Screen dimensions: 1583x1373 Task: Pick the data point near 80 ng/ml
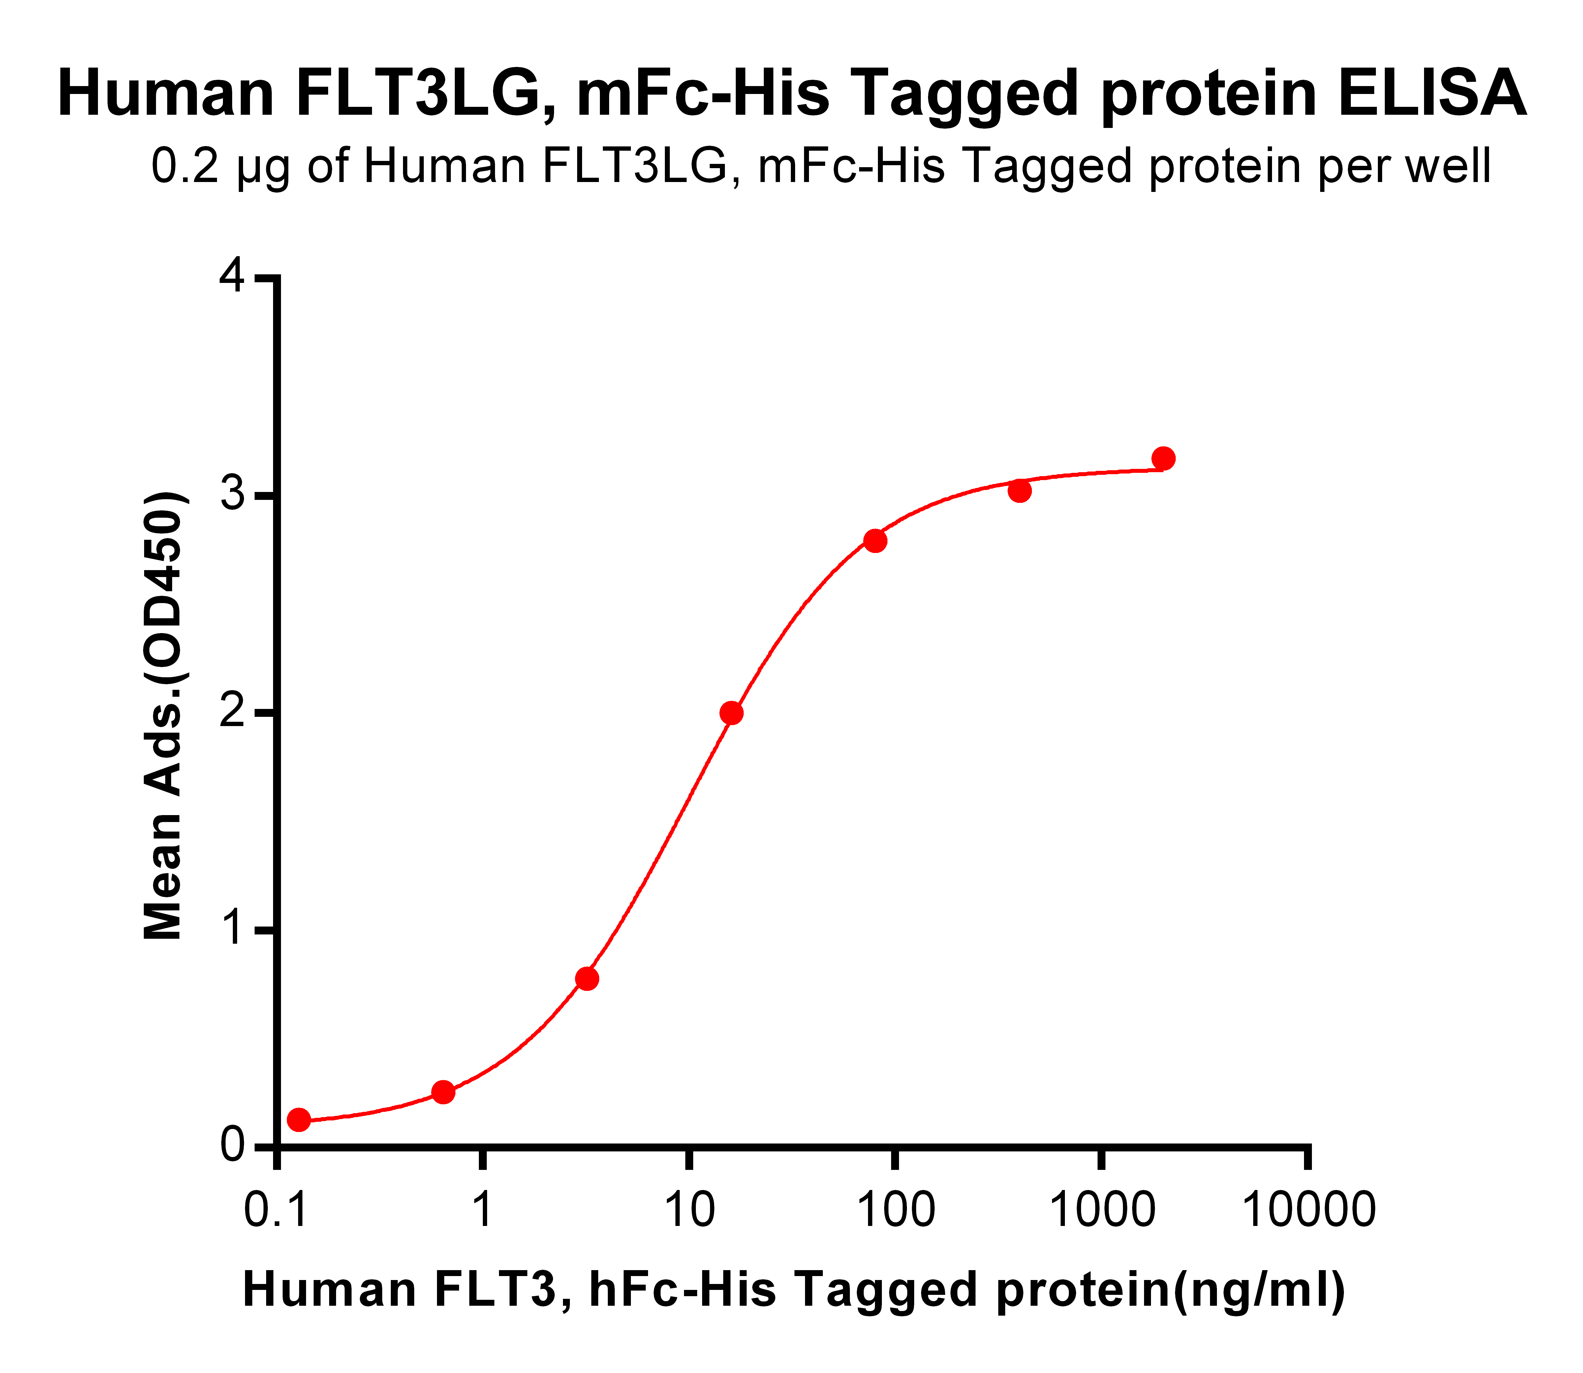[875, 541]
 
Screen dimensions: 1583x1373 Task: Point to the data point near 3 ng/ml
[587, 978]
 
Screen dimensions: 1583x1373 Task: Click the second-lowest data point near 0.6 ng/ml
[443, 1092]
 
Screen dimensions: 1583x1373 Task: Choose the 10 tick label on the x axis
[689, 1211]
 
